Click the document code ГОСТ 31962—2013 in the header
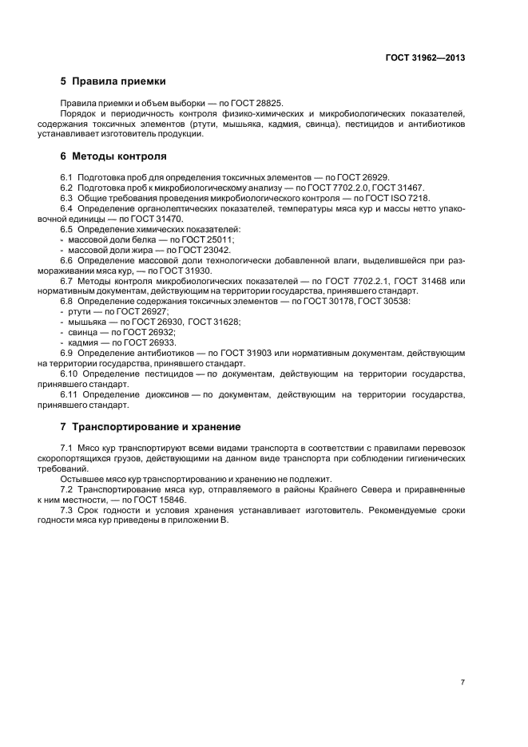[x=427, y=58]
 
